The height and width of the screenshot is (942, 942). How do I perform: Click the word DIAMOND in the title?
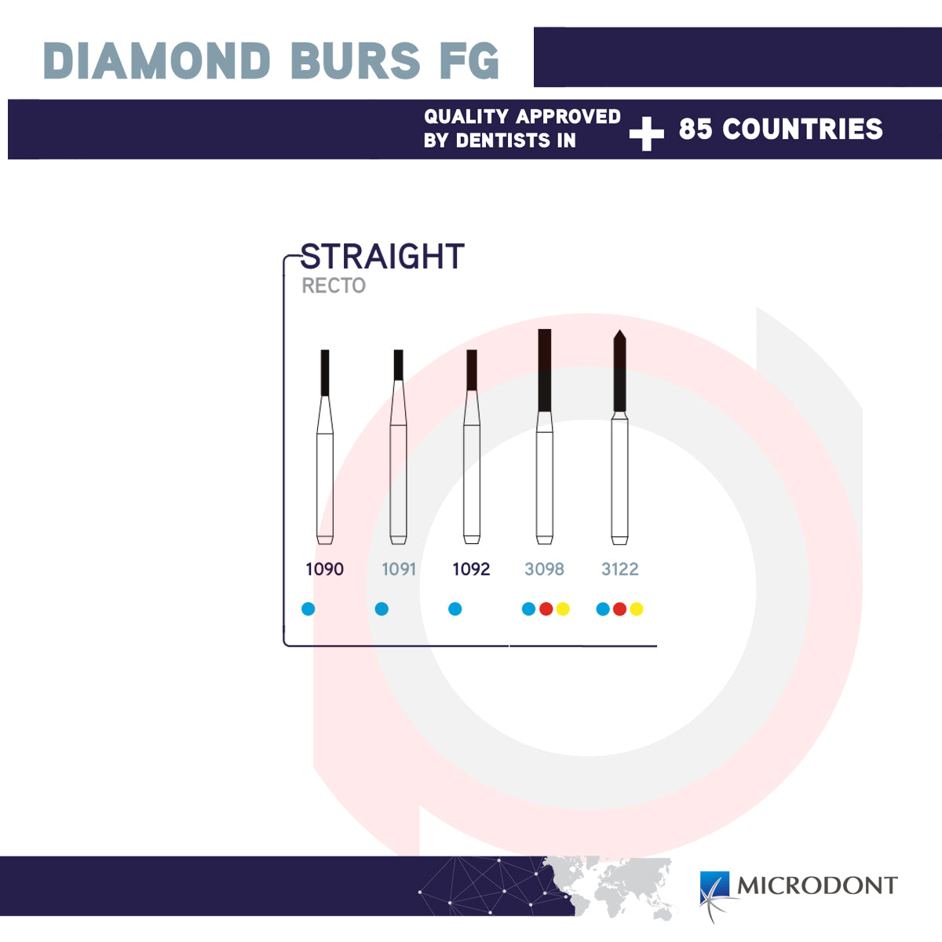157,60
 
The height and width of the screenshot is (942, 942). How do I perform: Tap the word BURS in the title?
356,60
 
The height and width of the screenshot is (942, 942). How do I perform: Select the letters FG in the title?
469,60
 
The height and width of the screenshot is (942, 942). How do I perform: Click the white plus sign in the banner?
646,133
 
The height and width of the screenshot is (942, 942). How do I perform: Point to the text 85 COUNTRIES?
780,129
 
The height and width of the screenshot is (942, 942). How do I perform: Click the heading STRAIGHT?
382,256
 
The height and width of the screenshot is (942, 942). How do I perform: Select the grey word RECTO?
334,286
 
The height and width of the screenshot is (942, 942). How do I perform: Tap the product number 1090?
324,569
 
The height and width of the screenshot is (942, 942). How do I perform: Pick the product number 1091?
399,569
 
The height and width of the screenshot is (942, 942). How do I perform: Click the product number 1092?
471,569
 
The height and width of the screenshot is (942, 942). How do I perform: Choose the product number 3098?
544,569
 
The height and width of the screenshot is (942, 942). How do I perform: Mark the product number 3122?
620,569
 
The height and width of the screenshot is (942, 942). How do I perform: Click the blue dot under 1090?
308,608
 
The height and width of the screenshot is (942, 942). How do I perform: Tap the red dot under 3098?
546,608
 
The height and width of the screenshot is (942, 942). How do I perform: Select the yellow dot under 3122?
637,608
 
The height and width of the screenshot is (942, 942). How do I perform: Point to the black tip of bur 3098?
545,370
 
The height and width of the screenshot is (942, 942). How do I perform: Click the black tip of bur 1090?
325,373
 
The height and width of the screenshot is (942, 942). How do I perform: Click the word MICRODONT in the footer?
817,885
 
